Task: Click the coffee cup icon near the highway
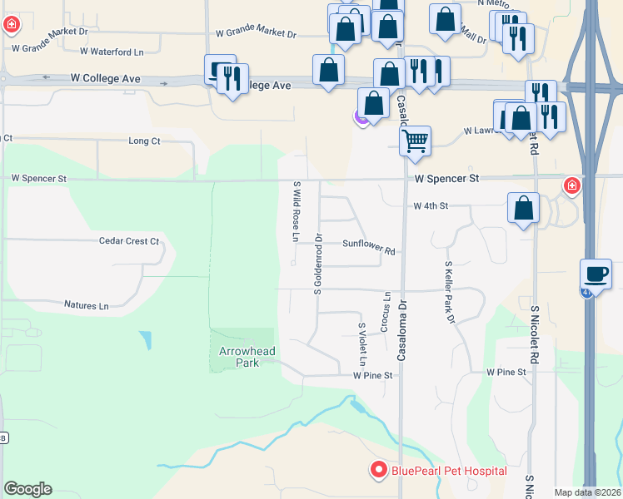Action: [x=596, y=273]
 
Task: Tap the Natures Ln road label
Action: [x=87, y=305]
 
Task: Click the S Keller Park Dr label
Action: [x=450, y=290]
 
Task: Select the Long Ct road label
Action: [x=144, y=141]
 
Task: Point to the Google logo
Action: [x=27, y=489]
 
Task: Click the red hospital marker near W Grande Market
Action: [x=11, y=25]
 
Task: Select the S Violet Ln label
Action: [x=361, y=344]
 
